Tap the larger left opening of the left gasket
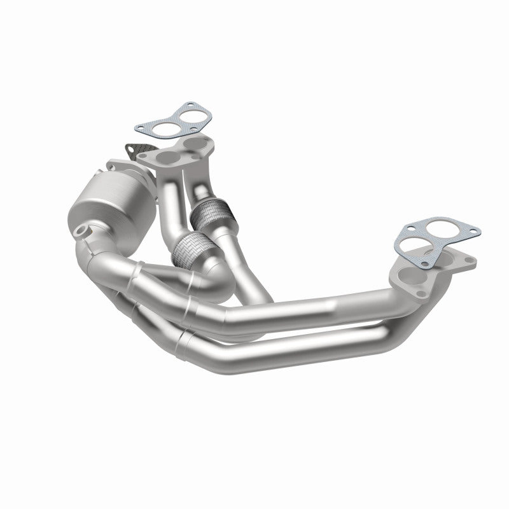[165, 129]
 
